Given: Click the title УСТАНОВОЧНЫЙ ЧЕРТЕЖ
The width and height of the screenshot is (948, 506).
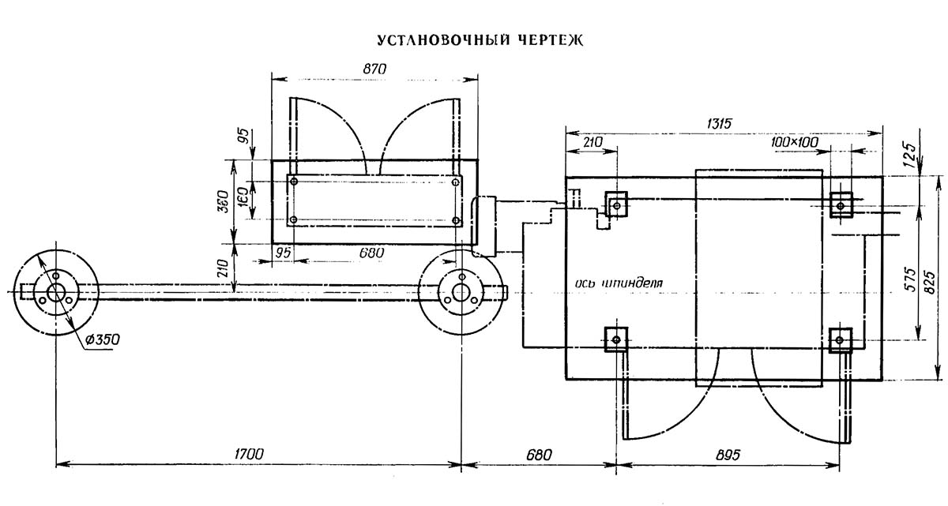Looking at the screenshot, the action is pyautogui.click(x=480, y=40).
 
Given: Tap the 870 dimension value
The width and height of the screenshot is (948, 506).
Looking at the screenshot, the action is pyautogui.click(x=374, y=69).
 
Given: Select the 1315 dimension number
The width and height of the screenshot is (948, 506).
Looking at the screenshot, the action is pyautogui.click(x=719, y=124).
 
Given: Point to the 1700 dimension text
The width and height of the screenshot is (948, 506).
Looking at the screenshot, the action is pyautogui.click(x=249, y=454).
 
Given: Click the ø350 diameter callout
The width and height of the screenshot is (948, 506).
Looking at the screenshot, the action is pyautogui.click(x=102, y=339).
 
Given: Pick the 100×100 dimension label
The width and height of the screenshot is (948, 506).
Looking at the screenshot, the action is pyautogui.click(x=795, y=142).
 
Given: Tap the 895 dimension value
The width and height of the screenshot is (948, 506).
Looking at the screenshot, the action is pyautogui.click(x=728, y=455).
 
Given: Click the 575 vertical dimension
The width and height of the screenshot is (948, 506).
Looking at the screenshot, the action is pyautogui.click(x=911, y=279).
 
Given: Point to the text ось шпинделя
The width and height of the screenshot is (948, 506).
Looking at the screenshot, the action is pyautogui.click(x=619, y=283).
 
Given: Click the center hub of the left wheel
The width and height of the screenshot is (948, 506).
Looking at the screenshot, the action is pyautogui.click(x=55, y=293).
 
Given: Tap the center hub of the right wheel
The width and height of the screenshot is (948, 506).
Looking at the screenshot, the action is pyautogui.click(x=461, y=293).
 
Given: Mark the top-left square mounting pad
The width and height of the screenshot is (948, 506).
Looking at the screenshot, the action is pyautogui.click(x=616, y=205).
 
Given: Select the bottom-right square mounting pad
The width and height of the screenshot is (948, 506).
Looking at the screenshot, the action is pyautogui.click(x=841, y=339).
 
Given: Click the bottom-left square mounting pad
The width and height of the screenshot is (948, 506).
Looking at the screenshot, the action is pyautogui.click(x=615, y=339).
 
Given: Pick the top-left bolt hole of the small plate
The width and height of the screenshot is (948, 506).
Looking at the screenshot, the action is pyautogui.click(x=294, y=182).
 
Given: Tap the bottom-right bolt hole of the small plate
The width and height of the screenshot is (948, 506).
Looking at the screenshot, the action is pyautogui.click(x=456, y=220).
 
